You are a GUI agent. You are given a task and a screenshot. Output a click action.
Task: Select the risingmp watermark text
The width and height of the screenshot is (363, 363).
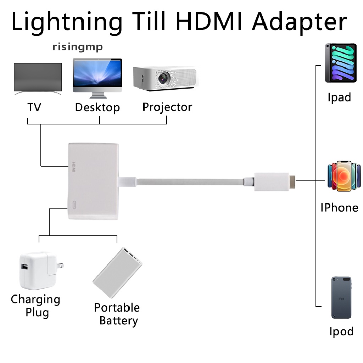(x=78, y=47)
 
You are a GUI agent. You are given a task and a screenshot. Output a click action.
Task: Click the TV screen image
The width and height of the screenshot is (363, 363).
(x=38, y=77)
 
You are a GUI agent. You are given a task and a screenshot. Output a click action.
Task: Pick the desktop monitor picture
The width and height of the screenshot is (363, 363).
(x=97, y=76)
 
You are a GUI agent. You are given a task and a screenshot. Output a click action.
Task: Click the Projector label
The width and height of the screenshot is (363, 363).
(x=167, y=107)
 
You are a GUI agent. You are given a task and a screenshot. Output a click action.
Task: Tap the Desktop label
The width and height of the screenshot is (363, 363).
(x=97, y=107)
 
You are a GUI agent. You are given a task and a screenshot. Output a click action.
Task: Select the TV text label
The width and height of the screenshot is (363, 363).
(x=34, y=107)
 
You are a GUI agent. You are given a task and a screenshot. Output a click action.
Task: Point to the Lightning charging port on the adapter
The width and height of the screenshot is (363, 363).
(x=75, y=205)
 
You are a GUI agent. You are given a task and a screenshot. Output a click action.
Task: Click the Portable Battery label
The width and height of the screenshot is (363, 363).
(x=117, y=314)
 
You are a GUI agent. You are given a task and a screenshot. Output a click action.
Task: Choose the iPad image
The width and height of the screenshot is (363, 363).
(x=340, y=63)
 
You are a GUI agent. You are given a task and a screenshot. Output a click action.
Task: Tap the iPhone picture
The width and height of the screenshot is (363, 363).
(x=342, y=177)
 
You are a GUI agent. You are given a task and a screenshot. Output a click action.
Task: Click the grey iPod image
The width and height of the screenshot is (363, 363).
(x=341, y=297)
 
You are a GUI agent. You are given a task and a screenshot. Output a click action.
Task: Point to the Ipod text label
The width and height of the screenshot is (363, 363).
(x=341, y=332)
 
